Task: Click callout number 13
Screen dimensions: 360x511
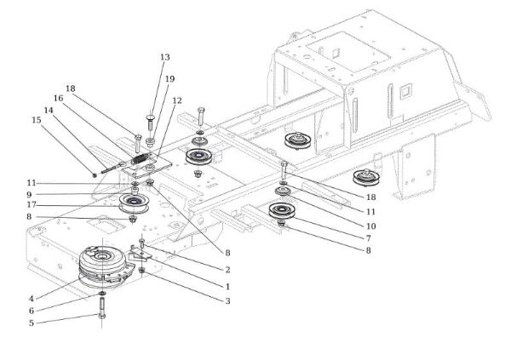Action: (164, 57)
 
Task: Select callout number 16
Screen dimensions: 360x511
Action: (59, 98)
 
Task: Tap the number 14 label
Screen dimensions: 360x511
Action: (49, 110)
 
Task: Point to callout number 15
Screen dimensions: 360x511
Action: (36, 120)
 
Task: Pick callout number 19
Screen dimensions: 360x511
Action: (169, 79)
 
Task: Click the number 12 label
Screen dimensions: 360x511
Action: (177, 100)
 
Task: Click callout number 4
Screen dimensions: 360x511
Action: (31, 298)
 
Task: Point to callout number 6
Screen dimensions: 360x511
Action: (31, 311)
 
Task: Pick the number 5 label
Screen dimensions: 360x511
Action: (31, 323)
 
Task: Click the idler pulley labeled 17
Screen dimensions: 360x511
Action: (134, 203)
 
